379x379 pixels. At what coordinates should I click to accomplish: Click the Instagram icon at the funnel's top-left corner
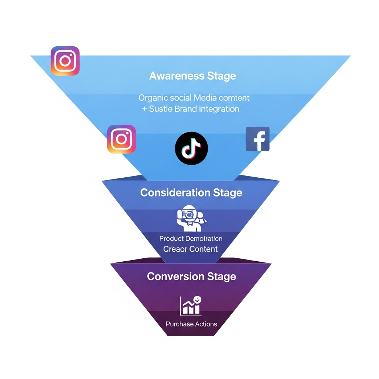point(65,61)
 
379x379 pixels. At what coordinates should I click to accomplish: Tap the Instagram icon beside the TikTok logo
point(121,139)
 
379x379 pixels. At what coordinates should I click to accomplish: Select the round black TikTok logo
point(191,148)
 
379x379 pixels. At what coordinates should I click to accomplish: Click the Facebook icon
point(258,139)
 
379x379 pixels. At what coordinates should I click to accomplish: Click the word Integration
point(219,109)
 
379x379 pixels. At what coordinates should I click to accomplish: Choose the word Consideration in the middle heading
point(175,193)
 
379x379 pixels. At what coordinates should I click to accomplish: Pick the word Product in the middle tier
point(172,239)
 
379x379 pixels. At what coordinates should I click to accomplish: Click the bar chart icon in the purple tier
point(190,306)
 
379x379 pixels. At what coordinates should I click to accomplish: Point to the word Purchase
point(180,324)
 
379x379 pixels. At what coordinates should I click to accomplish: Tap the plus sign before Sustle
point(144,109)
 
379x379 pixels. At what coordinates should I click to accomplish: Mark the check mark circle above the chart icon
point(198,299)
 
